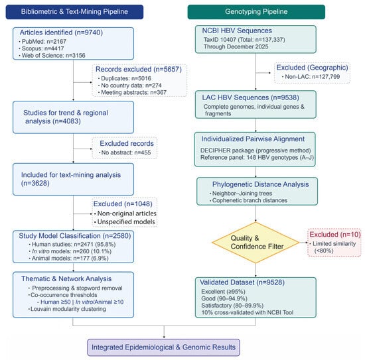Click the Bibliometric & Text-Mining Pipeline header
74,12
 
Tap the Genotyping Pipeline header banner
256,12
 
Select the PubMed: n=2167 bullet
42,42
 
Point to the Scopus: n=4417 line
41,48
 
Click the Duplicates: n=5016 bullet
125,78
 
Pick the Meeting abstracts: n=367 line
132,92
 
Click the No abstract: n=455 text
125,152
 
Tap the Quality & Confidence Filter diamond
256,243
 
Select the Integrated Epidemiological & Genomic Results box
164,347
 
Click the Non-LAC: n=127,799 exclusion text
311,76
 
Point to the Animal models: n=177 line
68,259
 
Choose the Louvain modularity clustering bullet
67,309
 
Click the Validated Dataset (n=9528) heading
242,282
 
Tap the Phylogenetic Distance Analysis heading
261,184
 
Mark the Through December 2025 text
236,47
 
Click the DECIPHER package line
256,150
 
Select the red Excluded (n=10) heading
335,235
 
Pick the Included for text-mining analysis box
73,179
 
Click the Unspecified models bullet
125,222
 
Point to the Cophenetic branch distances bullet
248,200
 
